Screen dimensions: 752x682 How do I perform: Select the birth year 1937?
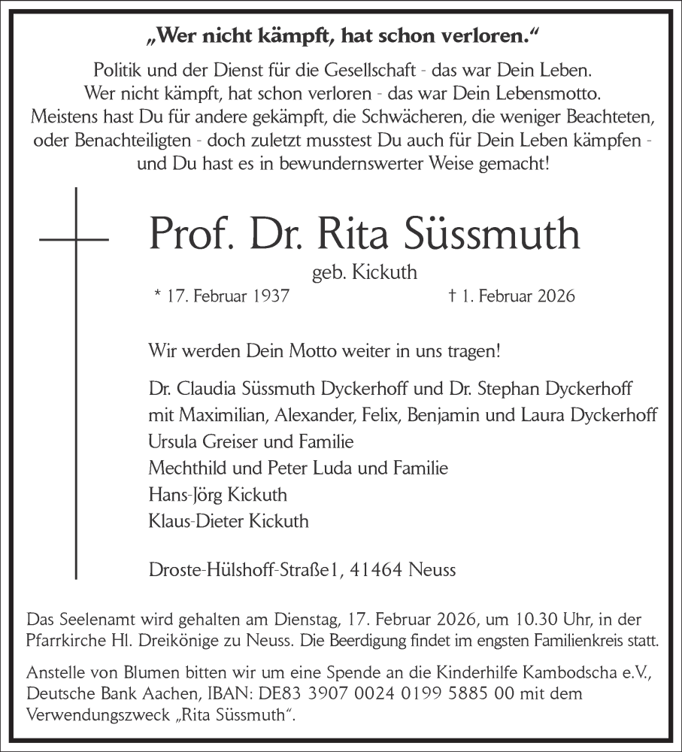coord(269,296)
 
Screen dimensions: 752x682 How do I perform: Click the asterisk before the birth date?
coord(156,294)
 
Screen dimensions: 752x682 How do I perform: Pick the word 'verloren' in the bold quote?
coord(471,35)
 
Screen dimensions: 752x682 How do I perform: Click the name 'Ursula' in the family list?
coord(172,442)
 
